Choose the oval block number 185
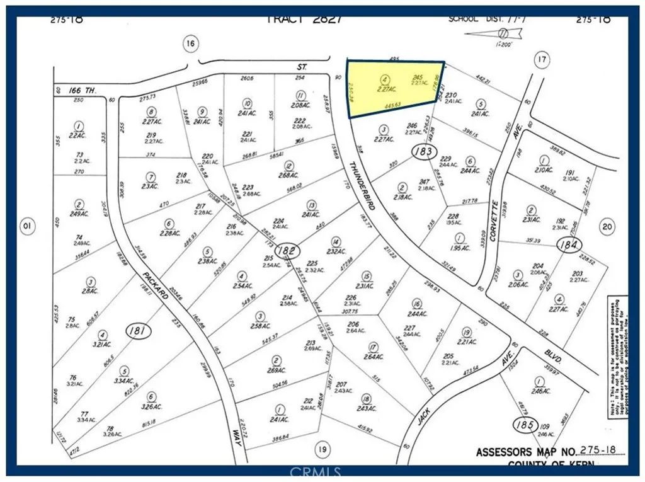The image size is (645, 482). coord(525,423)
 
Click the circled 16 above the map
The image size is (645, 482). coord(190,43)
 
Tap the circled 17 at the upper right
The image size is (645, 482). coord(541,60)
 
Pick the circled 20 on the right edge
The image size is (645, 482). coord(607,227)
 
